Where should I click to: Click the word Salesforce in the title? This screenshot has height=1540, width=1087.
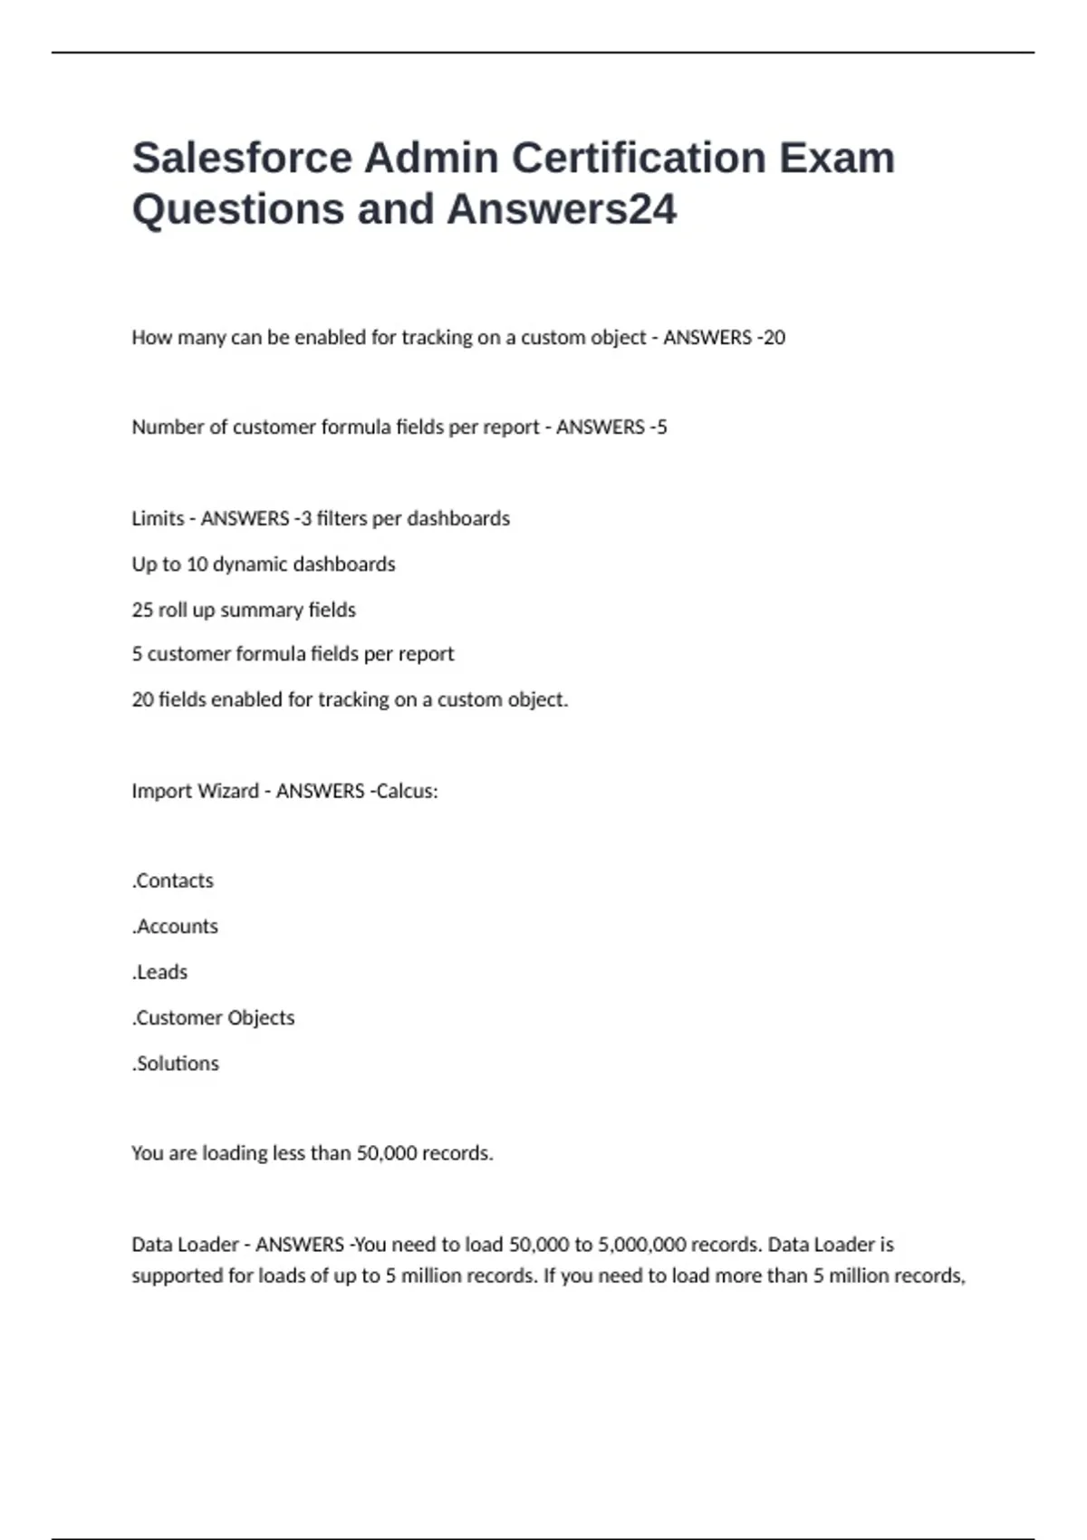(242, 158)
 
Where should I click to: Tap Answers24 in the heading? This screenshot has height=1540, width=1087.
(562, 209)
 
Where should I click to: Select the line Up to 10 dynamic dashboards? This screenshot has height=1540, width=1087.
(264, 564)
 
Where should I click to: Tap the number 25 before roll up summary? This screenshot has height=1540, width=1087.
(142, 610)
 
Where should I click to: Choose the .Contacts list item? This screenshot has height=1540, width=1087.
(173, 881)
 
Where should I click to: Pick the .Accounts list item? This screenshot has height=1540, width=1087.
(175, 926)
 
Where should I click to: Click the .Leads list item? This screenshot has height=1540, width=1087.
(159, 972)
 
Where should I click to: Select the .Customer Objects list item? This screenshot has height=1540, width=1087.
(213, 1017)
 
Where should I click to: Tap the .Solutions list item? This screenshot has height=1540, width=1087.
(175, 1064)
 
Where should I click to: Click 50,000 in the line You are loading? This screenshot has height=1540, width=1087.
(387, 1153)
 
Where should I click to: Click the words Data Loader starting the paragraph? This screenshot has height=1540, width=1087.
(185, 1245)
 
